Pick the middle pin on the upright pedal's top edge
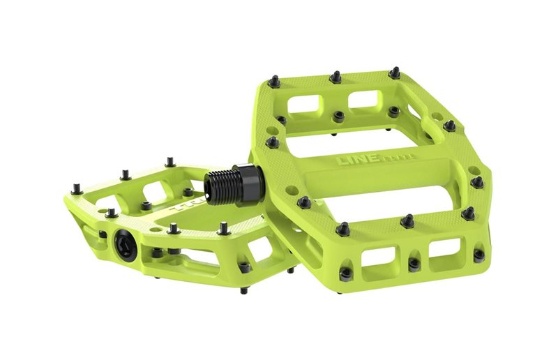pos(335,75)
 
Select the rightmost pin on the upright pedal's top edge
pos(395,72)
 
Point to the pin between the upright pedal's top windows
pos(338,116)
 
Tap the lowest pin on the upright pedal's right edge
pos(479,255)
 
